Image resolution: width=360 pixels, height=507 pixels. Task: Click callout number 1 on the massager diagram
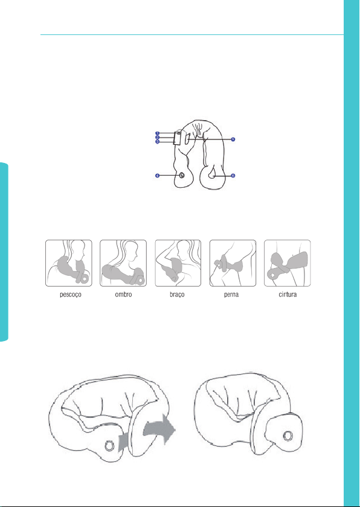pos(157,133)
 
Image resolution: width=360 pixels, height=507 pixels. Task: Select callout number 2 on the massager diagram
pos(157,137)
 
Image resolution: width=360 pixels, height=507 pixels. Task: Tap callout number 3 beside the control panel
pos(157,141)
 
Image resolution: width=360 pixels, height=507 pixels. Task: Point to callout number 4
pos(157,176)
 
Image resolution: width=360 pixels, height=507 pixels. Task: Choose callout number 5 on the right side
pos(233,139)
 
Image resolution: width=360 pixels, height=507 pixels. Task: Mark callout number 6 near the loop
pos(233,176)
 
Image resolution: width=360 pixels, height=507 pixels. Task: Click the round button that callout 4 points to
pos(181,175)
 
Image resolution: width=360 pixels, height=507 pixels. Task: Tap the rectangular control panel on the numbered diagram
pos(177,138)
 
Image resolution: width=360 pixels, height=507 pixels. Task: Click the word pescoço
pos(68,296)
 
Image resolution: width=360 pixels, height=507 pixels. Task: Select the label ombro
pos(123,296)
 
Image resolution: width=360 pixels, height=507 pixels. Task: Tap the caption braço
pos(178,296)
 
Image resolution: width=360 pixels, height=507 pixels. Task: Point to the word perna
pos(233,296)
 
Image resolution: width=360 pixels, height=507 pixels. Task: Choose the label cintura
pos(288,296)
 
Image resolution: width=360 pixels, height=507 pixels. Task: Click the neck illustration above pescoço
pos(69,263)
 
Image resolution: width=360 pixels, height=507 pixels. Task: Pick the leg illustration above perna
pos(233,263)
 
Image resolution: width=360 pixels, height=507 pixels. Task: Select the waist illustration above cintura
pos(288,263)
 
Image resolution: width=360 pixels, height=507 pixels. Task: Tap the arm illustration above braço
pos(178,263)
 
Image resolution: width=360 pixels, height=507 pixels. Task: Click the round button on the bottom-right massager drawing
pos(286,434)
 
